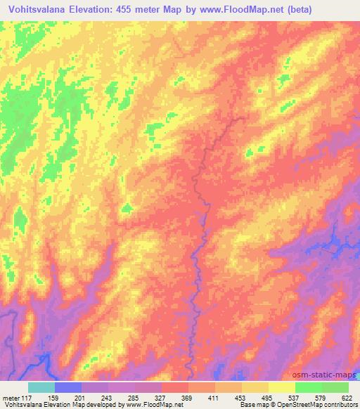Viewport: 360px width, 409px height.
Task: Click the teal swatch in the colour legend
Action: (x=41, y=387)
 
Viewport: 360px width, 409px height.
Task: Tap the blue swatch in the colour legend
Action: (x=68, y=387)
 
